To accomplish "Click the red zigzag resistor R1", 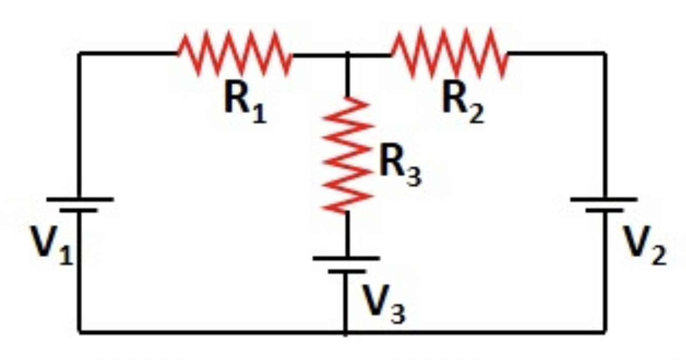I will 235,53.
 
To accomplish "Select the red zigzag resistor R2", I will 450,53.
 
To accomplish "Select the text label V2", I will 644,246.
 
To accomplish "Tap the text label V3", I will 383,303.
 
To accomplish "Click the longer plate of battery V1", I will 79,199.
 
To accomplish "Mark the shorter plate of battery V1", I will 79,210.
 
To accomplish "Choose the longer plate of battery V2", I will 604,199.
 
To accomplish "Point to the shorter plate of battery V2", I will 604,210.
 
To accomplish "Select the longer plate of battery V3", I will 347,259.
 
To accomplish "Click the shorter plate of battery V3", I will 347,271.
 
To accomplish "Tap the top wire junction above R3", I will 347,53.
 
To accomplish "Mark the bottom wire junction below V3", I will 346,332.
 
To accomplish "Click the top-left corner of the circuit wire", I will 79,53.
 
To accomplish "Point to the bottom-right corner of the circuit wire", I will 604,332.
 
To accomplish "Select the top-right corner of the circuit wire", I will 604,53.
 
